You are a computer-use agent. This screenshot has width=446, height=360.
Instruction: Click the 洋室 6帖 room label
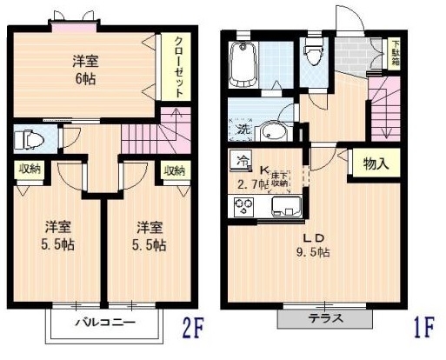[x=85, y=70]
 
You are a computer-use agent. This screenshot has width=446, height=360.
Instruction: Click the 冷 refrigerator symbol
[x=242, y=161]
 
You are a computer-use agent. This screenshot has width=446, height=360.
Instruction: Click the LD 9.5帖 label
[x=309, y=245]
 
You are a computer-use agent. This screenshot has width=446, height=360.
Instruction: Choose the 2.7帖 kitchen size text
[x=252, y=184]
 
